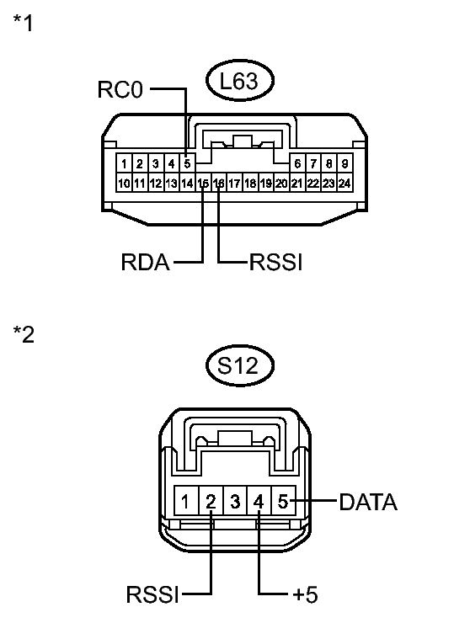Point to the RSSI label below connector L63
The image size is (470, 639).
275,263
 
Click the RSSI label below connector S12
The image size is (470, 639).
153,595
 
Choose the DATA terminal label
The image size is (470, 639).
368,503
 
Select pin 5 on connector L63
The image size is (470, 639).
188,163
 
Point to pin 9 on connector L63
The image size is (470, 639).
344,163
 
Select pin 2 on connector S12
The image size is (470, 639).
211,503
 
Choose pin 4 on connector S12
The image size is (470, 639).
259,503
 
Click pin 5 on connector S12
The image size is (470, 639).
284,503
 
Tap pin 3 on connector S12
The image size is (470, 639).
235,503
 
